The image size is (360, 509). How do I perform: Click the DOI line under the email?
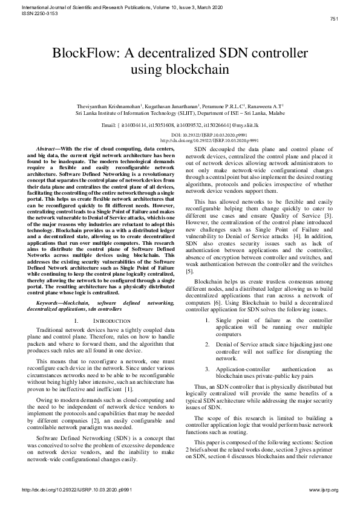180,135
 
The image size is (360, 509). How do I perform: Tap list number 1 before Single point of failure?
207,320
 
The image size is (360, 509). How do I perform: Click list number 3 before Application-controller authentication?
207,368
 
